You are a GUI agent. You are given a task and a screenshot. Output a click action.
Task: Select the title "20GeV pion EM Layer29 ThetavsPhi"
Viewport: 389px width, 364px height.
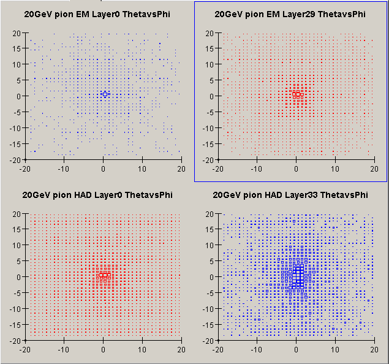coord(290,14)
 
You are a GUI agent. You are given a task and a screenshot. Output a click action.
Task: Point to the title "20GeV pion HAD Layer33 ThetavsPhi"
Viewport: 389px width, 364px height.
coord(290,195)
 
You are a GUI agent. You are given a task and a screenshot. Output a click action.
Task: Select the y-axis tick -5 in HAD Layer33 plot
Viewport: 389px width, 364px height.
coord(209,293)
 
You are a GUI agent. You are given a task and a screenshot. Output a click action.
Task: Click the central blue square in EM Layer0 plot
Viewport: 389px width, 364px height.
coord(105,94)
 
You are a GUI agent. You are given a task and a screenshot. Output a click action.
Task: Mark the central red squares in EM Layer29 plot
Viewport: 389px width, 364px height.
coord(296,94)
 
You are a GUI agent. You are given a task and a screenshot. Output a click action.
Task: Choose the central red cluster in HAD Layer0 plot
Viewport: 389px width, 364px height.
coord(104,275)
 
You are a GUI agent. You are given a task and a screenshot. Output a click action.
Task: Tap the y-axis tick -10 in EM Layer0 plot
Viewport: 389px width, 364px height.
coord(17,128)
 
